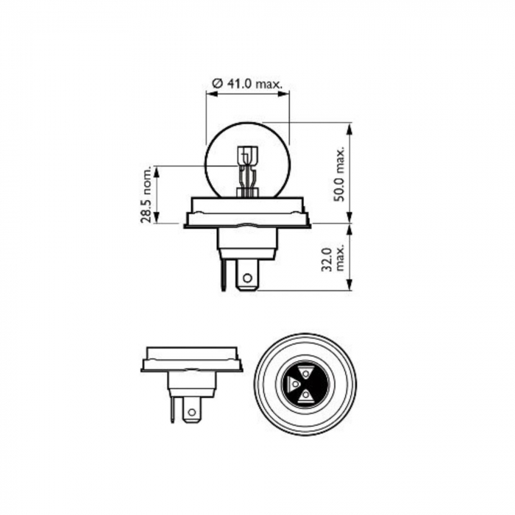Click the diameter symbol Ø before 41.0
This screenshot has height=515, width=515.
coord(217,85)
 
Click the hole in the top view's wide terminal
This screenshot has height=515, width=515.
coord(248,279)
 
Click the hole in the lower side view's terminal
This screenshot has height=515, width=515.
coord(192,413)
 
